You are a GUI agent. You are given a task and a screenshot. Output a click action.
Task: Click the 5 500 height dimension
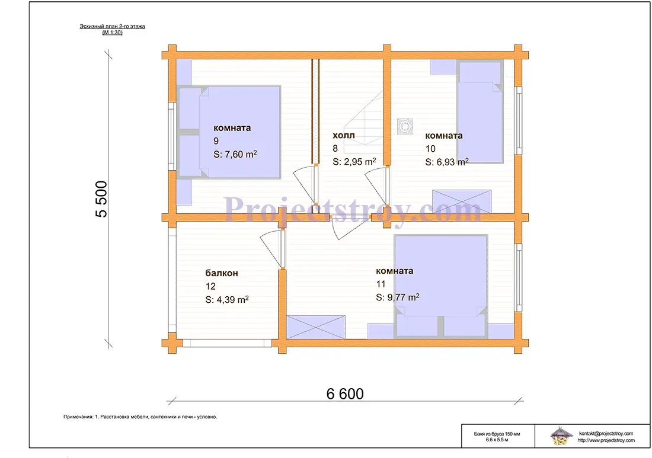click(x=101, y=199)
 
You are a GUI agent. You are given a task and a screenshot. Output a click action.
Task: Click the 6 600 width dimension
click(x=345, y=393)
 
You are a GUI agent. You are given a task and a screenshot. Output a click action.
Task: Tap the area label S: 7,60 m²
click(x=235, y=154)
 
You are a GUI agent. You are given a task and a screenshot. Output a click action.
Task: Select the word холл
click(x=343, y=135)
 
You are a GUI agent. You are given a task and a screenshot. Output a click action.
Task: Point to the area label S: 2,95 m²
click(x=354, y=162)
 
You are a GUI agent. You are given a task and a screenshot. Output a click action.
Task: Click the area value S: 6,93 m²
click(x=446, y=162)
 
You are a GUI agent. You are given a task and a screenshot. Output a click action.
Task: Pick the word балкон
click(x=222, y=273)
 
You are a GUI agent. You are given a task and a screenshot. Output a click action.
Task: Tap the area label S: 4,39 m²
click(x=227, y=299)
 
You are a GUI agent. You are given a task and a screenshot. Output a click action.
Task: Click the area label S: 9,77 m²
click(x=398, y=297)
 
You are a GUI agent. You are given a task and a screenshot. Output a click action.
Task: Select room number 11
click(x=381, y=284)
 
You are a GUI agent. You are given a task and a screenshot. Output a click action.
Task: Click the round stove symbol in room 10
click(x=405, y=126)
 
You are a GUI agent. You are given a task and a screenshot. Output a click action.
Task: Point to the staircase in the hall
click(x=363, y=118)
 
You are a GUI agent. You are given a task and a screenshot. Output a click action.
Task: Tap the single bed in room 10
click(x=480, y=111)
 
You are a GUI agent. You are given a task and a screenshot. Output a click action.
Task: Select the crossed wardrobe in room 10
click(x=462, y=201)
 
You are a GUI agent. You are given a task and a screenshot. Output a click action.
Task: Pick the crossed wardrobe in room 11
click(x=315, y=327)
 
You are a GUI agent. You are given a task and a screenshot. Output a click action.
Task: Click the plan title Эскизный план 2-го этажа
click(x=112, y=26)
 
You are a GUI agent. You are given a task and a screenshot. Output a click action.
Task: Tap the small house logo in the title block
click(x=560, y=435)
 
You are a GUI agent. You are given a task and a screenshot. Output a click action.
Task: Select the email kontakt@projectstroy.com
click(x=606, y=434)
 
